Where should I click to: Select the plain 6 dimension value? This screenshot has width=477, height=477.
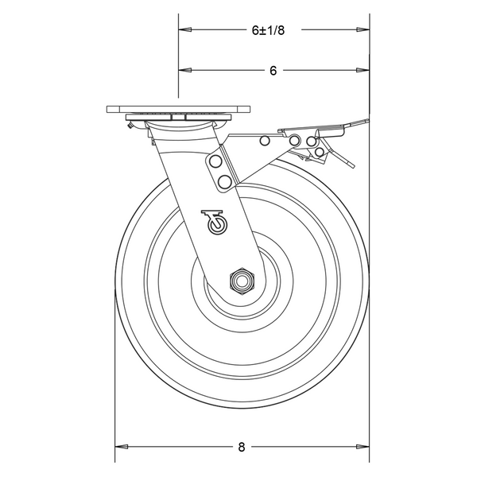tap(272, 71)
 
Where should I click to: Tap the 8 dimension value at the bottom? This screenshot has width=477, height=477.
tap(241, 447)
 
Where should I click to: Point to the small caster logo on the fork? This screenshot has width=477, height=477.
tap(214, 222)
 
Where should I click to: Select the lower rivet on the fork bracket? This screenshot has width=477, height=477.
tap(224, 182)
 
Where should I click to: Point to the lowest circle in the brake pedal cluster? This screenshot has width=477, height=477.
tap(320, 151)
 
